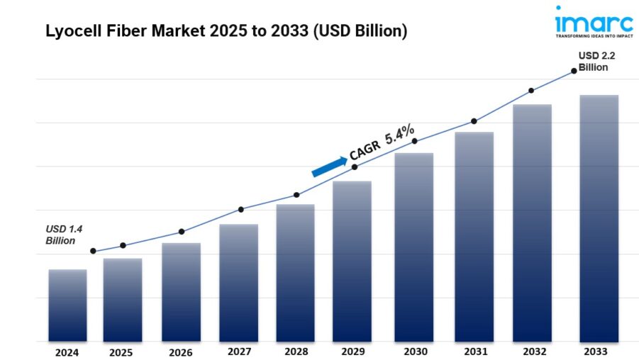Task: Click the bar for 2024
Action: coord(67,305)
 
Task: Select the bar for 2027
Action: coord(238,283)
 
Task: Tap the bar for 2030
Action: coord(413,247)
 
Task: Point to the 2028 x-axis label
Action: coord(295,351)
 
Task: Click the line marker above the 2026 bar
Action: coord(182,232)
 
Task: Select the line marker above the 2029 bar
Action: coord(355,167)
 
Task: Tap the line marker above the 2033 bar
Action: coord(573,71)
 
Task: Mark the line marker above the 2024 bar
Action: coord(93,251)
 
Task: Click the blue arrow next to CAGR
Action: coord(329,166)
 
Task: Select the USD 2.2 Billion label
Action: coord(593,62)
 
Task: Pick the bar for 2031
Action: coord(474,237)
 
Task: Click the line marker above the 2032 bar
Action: coord(530,91)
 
